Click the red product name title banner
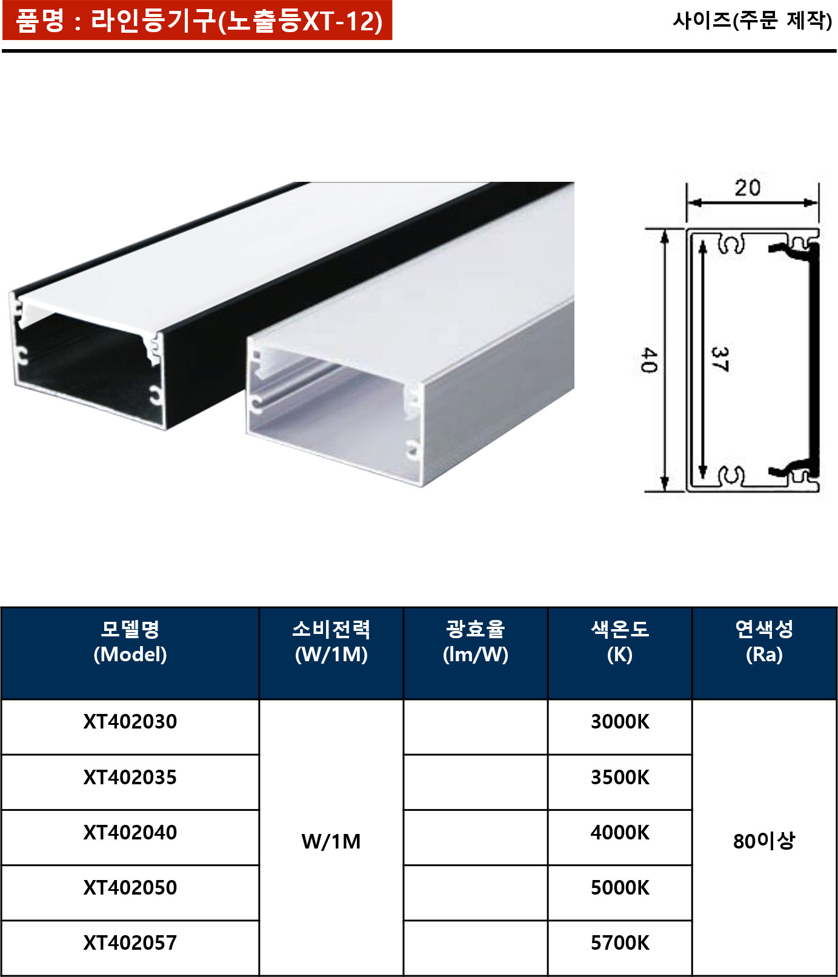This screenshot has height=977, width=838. (198, 21)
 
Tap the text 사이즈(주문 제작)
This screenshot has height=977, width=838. (753, 21)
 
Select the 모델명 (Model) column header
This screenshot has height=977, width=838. (130, 653)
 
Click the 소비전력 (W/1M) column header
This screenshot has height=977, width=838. (331, 653)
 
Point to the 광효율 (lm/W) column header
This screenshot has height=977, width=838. (476, 653)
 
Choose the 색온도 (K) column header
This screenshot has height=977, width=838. (620, 653)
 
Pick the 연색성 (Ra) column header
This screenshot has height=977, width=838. (764, 653)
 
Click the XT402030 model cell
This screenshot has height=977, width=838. (130, 727)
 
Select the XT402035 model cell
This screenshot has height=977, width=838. (130, 782)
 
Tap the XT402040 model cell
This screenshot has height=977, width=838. (130, 838)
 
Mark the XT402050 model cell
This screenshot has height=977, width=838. (130, 893)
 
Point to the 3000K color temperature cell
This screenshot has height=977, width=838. (620, 727)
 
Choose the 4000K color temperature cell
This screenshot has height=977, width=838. (620, 838)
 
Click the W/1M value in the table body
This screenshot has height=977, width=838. (331, 841)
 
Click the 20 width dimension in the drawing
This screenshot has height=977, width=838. (748, 188)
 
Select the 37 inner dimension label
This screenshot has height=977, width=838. (720, 359)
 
